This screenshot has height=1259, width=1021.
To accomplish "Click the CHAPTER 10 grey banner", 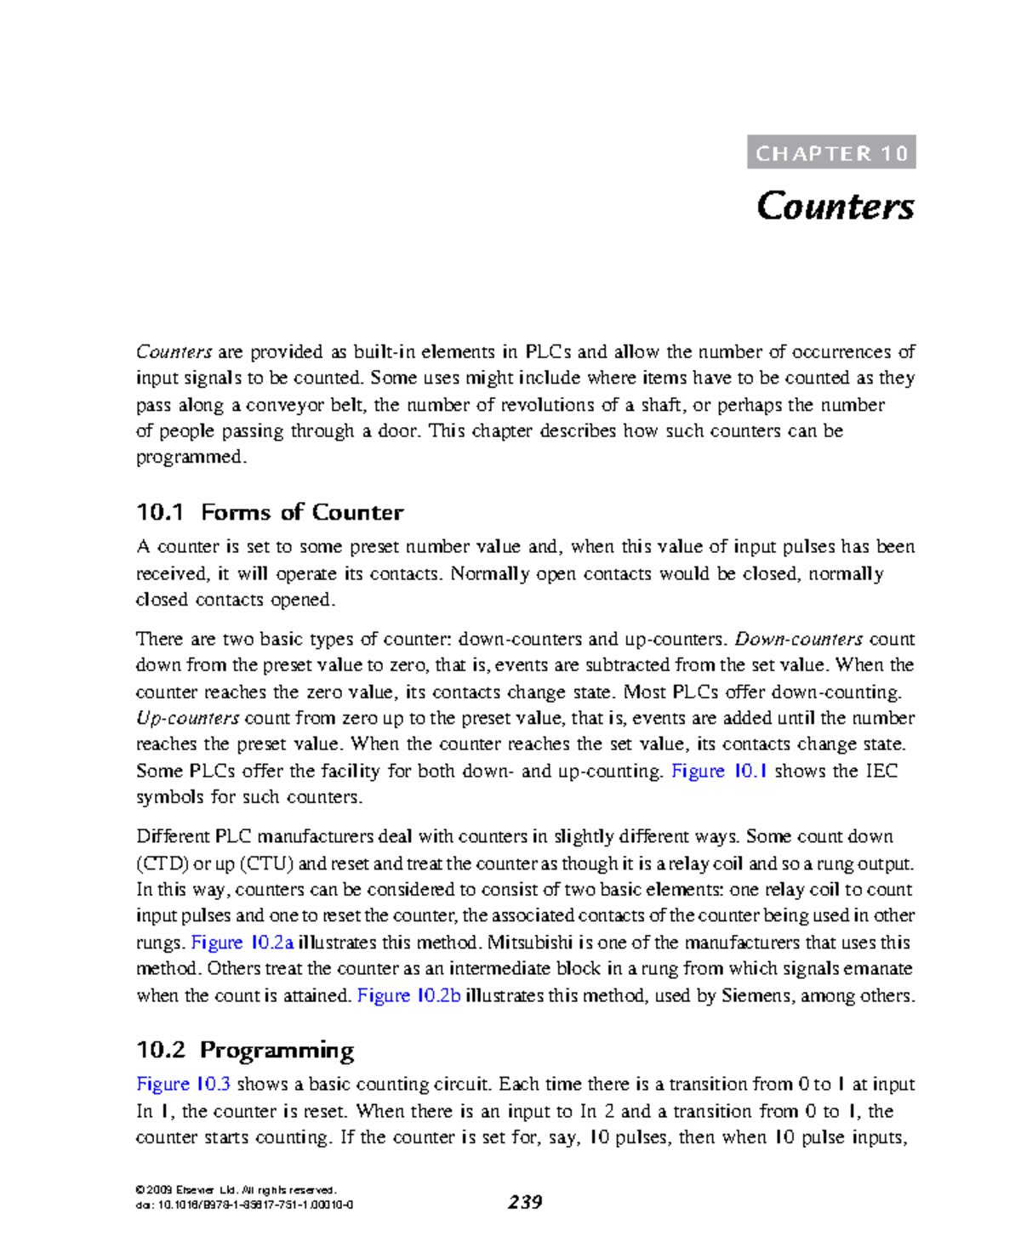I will click(x=831, y=152).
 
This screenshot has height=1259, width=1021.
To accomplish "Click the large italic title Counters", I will click(x=835, y=207).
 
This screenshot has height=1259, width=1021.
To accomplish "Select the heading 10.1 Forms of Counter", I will click(x=270, y=512).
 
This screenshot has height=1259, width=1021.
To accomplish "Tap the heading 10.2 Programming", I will click(x=245, y=1050).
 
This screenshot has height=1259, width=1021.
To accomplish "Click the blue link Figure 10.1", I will click(x=719, y=771).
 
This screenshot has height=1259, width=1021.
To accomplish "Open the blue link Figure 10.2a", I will click(x=242, y=943).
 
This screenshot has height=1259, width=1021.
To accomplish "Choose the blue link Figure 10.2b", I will click(x=408, y=995).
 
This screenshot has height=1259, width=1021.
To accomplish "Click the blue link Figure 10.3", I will click(x=183, y=1084).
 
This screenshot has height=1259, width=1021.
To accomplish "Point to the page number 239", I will click(x=525, y=1202).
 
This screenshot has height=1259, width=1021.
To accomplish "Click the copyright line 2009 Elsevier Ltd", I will click(x=236, y=1190).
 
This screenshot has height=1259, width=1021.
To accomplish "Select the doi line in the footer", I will click(x=244, y=1205).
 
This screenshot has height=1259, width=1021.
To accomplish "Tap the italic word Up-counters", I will click(x=187, y=718).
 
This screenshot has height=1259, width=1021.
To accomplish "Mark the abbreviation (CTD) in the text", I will click(x=163, y=863).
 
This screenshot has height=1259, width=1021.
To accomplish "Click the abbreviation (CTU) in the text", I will click(x=266, y=863).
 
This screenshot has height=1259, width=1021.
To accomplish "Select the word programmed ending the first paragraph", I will click(x=190, y=458).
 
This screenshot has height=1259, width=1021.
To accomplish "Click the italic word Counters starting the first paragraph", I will click(x=174, y=352).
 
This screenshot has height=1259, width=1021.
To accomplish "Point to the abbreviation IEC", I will click(x=881, y=771).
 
